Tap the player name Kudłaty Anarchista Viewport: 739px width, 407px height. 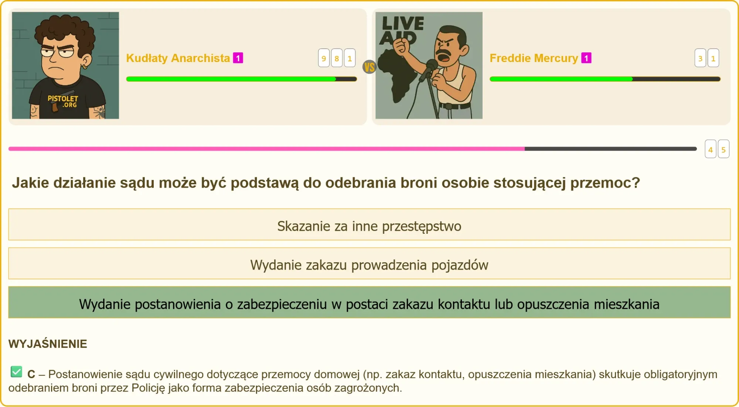coord(178,58)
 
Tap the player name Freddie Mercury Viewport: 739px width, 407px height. coord(534,58)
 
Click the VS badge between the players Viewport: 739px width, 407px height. coord(369,67)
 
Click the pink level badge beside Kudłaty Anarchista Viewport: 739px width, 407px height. coord(238,58)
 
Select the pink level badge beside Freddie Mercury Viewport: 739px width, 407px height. coord(586,58)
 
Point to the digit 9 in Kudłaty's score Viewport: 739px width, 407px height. coord(324,58)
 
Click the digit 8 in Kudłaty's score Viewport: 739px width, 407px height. coord(337,58)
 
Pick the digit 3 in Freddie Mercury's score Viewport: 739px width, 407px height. coord(700,58)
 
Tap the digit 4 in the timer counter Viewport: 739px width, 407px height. coord(711,149)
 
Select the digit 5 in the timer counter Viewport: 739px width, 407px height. coord(723,149)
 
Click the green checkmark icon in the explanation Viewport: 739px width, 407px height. coord(16,372)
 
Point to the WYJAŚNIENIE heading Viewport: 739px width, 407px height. coord(48,344)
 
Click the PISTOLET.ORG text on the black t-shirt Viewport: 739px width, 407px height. coord(63,102)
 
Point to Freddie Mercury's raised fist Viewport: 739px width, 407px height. coord(400,45)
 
